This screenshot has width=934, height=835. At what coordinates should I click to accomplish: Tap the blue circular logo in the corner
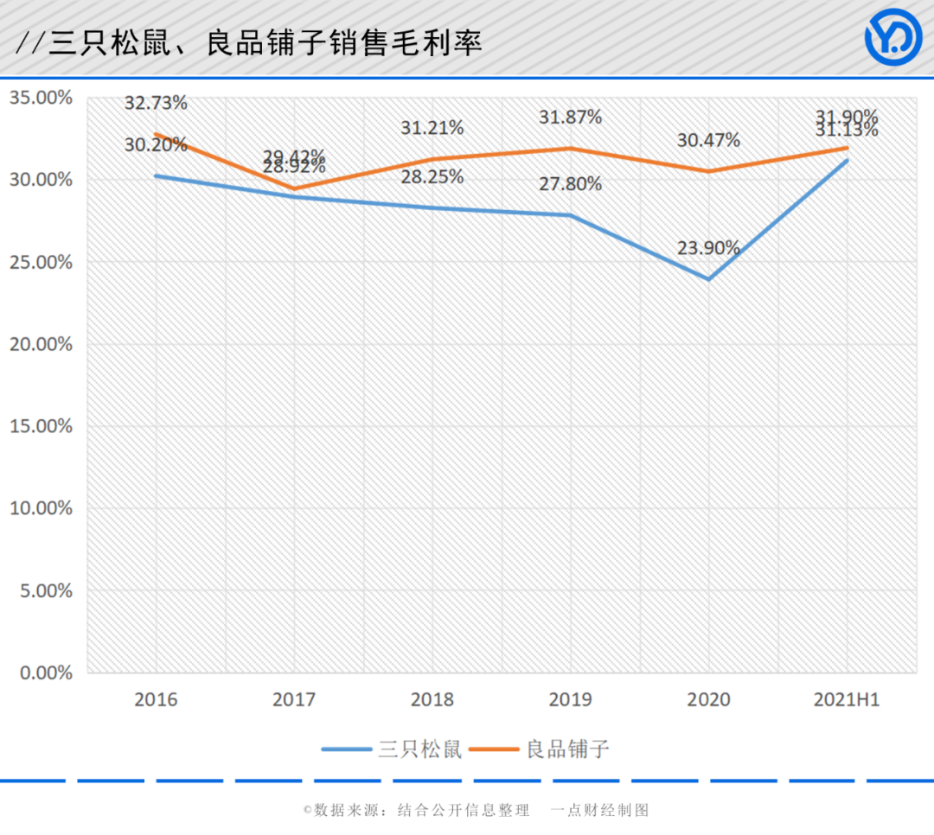tap(893, 37)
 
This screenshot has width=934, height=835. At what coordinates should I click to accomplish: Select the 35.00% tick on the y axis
tap(41, 98)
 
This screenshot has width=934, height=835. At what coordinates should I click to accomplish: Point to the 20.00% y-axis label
tap(41, 344)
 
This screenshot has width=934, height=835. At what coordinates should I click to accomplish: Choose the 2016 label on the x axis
tap(156, 700)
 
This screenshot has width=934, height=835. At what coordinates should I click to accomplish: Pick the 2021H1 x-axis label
tap(847, 700)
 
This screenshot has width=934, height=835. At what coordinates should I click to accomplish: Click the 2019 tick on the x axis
tap(570, 700)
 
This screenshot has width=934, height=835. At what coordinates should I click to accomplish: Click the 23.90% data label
tap(708, 248)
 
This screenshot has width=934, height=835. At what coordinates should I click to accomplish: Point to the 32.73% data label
tap(156, 103)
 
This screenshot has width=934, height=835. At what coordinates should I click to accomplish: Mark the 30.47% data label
tap(708, 140)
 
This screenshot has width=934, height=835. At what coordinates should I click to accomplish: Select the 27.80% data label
tap(570, 183)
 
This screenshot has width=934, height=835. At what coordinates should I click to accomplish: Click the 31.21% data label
tap(432, 128)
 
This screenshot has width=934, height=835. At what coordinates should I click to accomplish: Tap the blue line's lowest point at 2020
tap(708, 279)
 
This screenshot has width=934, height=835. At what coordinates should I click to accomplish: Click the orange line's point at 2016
tap(156, 135)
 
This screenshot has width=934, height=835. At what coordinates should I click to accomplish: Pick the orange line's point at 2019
tap(570, 149)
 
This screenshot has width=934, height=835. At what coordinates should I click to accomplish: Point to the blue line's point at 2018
tap(432, 207)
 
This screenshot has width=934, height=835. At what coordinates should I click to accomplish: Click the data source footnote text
tap(476, 810)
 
